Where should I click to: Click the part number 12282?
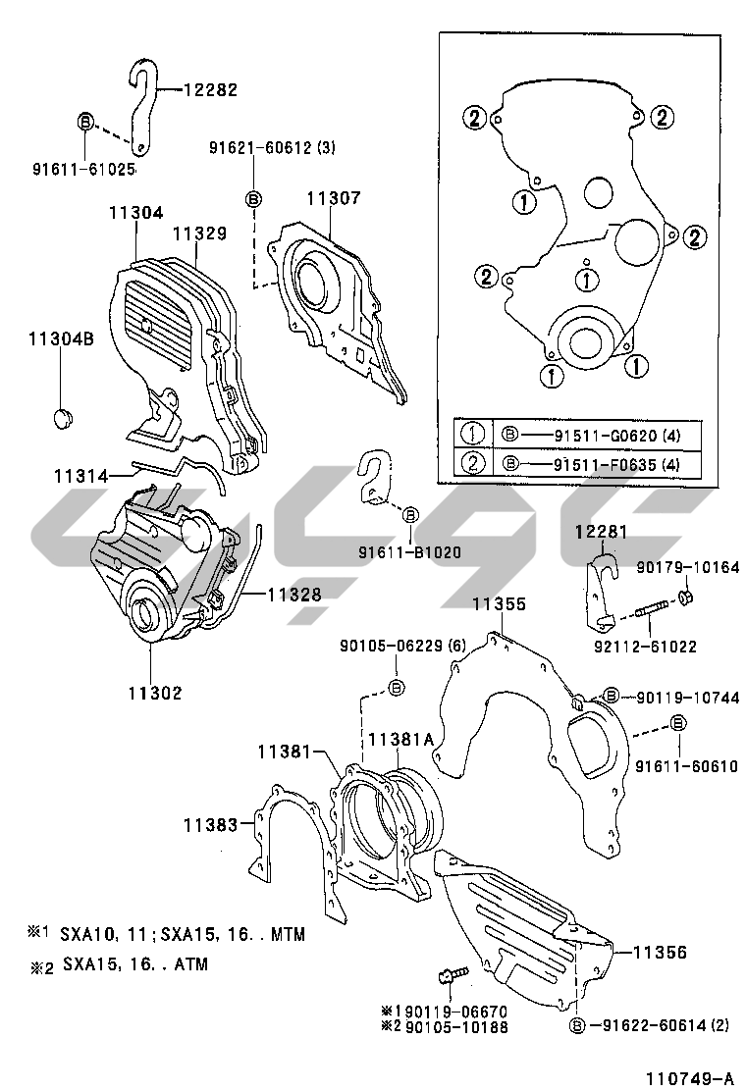click(x=211, y=89)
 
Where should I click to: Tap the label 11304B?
click(x=60, y=340)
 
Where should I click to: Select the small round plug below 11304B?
click(x=64, y=416)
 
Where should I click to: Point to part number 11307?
click(x=334, y=198)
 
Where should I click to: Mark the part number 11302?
click(x=153, y=693)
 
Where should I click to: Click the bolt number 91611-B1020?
click(x=410, y=552)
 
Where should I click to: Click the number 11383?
click(x=211, y=825)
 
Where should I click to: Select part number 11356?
click(x=660, y=952)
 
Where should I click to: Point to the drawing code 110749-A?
click(x=688, y=1079)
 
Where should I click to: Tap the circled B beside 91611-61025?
click(x=84, y=122)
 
